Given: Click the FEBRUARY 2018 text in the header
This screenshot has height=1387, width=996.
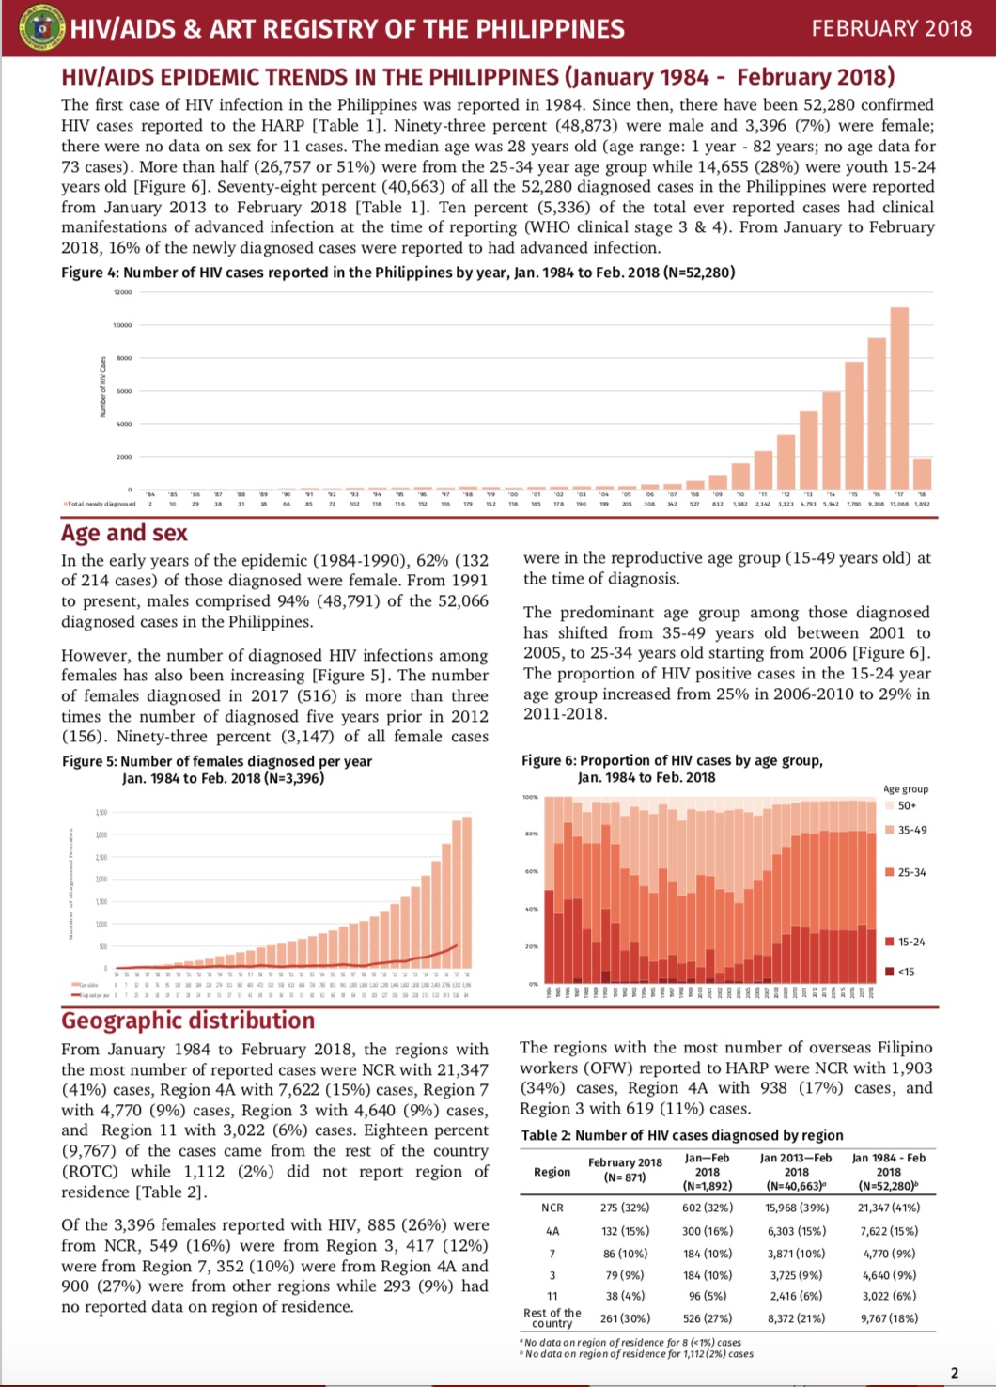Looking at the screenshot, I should point(891,28).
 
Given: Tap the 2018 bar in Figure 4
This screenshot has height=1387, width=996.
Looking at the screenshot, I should point(922,473).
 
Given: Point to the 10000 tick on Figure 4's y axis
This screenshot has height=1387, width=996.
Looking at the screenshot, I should point(122,325).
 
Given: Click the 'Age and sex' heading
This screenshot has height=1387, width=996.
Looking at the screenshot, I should point(124,533).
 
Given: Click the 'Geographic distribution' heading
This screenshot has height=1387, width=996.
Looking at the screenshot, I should point(188,1021).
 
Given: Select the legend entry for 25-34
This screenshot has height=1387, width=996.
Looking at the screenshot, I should point(905,872).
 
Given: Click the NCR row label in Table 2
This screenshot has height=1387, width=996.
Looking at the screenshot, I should point(552,1208).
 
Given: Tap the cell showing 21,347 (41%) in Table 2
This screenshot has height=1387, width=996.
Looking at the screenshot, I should point(888,1208).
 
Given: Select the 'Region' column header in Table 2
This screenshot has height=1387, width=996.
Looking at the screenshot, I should point(552,1172).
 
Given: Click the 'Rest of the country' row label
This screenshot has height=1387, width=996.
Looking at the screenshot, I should point(552,1317).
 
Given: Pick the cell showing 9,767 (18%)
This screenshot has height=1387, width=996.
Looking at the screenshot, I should point(888,1318).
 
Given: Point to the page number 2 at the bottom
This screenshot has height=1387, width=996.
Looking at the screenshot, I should point(955,1372).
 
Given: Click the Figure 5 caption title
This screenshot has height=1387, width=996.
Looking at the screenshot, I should point(217,761).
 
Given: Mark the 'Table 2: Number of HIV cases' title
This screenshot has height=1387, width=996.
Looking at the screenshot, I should point(682,1135).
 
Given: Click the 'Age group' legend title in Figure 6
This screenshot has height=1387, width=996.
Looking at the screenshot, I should point(906,789).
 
